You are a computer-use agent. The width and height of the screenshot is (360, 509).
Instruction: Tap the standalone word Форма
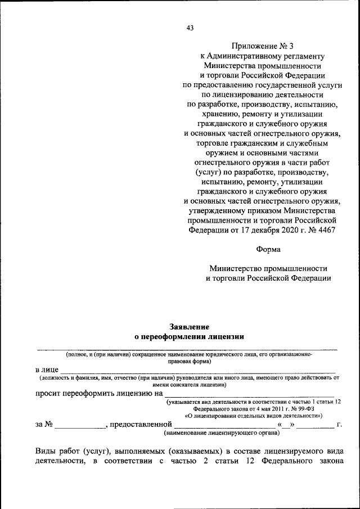267,249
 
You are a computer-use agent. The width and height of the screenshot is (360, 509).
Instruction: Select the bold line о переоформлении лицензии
189,337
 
